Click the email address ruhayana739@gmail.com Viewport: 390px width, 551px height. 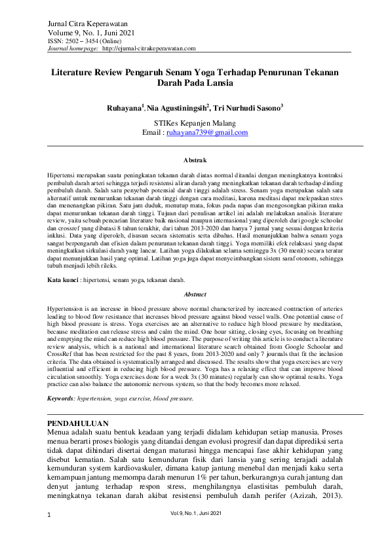pos(207,133)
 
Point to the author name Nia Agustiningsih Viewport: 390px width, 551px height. pos(176,107)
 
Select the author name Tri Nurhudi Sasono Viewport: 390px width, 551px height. pos(249,107)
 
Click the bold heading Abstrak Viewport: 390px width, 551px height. pos(195,160)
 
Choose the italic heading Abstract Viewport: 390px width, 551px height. pos(195,294)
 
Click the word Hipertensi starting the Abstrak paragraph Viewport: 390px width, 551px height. pos(62,177)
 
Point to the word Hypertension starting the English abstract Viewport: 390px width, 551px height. pos(66,306)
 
